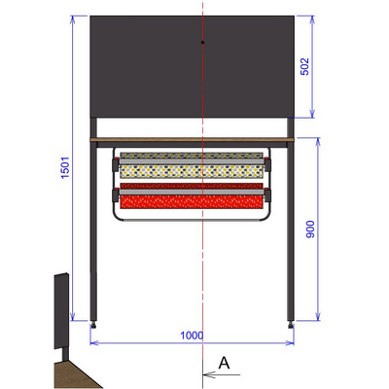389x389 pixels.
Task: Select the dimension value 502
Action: tap(303, 66)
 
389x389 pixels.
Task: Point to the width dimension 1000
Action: tap(192, 335)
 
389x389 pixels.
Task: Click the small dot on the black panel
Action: tap(201, 44)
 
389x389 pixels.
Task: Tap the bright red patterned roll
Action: tap(193, 202)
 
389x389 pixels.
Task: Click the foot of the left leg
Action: tap(93, 322)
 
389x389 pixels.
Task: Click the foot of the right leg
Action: tap(293, 322)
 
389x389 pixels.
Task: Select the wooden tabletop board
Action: tap(193, 140)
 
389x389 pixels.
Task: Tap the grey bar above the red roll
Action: tap(193, 185)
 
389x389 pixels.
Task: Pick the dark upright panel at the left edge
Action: tap(60, 311)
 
